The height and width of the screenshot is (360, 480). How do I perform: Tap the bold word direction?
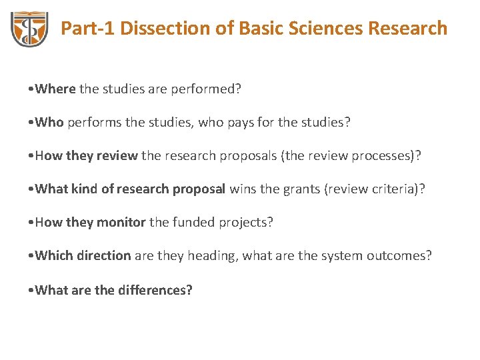tap(104, 255)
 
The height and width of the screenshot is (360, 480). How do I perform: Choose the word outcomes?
tap(398, 255)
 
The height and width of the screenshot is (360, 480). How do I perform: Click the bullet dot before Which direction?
tap(32, 256)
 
